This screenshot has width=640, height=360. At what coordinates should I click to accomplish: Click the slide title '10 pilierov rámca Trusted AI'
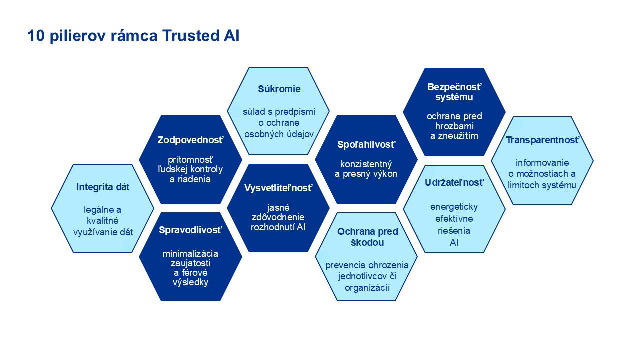(133, 36)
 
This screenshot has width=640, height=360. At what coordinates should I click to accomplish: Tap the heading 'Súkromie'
(279, 89)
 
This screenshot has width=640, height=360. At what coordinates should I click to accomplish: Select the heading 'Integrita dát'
(103, 187)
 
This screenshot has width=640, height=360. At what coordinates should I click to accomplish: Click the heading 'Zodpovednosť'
(191, 140)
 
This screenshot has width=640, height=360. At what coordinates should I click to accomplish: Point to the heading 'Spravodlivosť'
(190, 230)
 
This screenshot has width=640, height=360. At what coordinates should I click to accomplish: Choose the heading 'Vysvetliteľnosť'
(278, 188)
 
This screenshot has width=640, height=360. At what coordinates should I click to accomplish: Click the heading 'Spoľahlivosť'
(366, 145)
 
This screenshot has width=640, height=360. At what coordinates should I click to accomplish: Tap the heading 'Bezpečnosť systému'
(454, 92)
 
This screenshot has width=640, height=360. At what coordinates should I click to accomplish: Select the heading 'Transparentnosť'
(542, 140)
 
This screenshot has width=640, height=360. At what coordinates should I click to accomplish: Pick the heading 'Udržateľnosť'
(454, 183)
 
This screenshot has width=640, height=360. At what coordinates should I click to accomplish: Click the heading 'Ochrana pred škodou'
(367, 237)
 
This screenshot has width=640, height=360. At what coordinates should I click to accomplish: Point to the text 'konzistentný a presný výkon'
(366, 169)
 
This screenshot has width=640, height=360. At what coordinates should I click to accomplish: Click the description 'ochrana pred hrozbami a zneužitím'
(454, 126)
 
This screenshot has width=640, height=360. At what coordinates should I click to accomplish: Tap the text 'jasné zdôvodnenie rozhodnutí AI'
(278, 217)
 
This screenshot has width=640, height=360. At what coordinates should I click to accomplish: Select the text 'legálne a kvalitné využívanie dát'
(103, 221)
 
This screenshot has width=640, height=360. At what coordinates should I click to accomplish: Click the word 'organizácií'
(367, 287)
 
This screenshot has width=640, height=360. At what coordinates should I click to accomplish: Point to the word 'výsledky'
(190, 282)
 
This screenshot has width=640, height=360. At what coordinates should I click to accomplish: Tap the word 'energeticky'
(454, 207)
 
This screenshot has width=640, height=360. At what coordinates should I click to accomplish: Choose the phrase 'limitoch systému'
(542, 185)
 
